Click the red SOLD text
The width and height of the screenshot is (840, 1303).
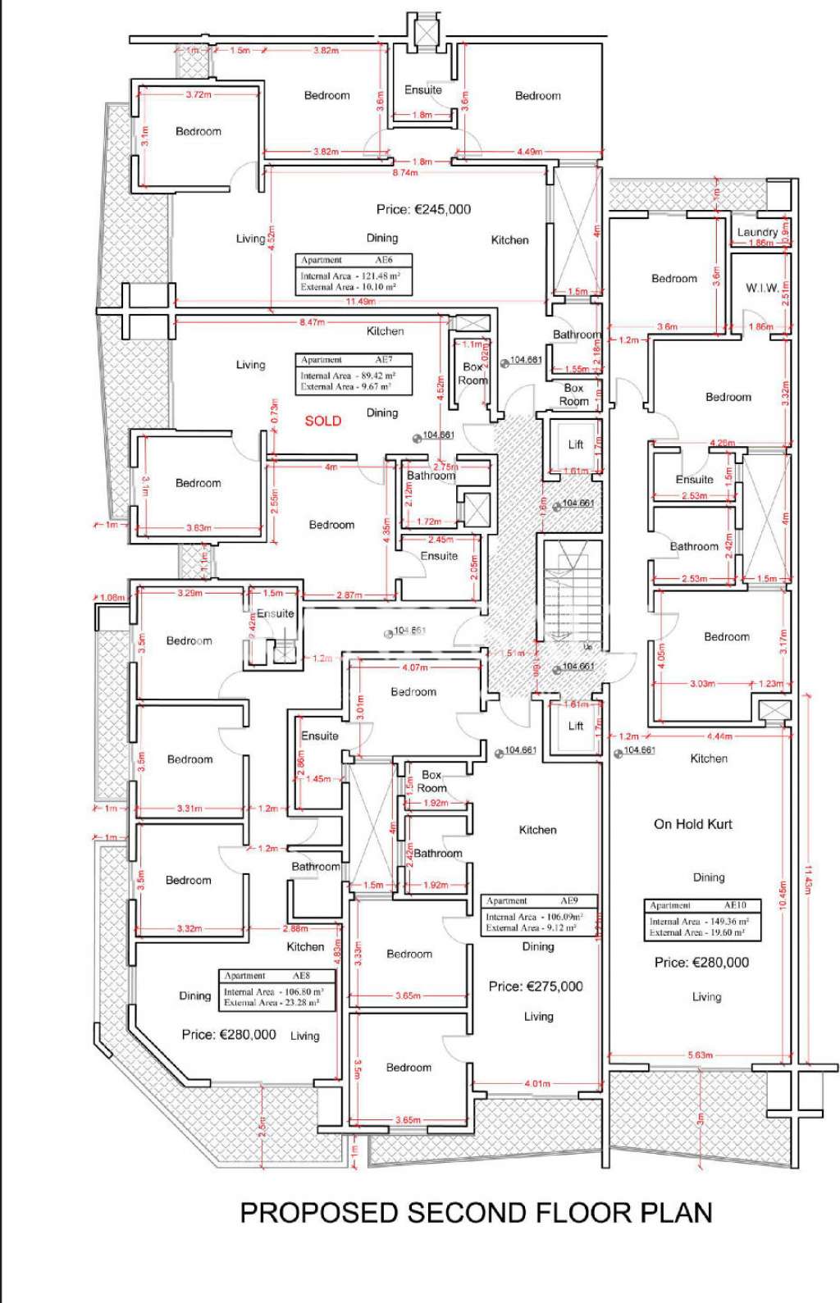pos(322,421)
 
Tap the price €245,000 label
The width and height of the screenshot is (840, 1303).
pos(423,210)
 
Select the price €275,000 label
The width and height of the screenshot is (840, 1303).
pos(535,986)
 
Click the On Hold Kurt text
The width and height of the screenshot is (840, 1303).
pos(692,824)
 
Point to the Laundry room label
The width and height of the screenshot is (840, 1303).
pos(756,232)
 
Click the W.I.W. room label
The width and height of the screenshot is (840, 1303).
pos(762,288)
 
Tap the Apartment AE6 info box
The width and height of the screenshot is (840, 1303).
pos(354,274)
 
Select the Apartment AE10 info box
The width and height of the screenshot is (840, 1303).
pos(703,918)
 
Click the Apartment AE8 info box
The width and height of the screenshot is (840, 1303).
pos(278,990)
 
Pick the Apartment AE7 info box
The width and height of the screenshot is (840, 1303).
pos(354,373)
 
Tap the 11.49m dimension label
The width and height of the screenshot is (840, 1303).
pos(361,302)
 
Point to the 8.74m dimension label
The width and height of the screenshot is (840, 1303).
pos(404,173)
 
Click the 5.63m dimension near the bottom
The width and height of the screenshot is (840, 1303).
pos(700,1055)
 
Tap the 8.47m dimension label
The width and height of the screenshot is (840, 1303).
pos(312,323)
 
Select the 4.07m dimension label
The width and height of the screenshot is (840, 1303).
pos(414,668)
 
